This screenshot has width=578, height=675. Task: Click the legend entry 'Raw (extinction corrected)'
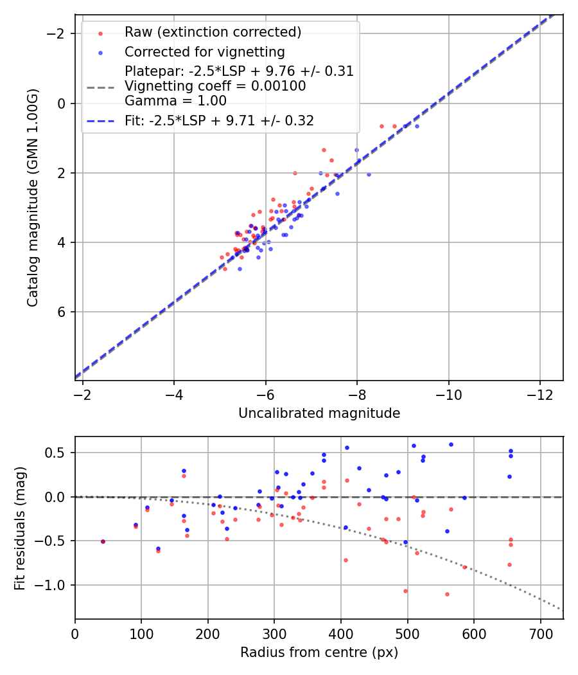[x=213, y=32]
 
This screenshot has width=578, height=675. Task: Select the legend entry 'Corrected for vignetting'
[x=204, y=51]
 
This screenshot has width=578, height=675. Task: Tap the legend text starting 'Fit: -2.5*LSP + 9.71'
[x=219, y=120]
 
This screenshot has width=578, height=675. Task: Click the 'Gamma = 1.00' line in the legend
[x=175, y=100]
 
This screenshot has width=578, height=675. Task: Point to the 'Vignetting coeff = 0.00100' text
[x=215, y=85]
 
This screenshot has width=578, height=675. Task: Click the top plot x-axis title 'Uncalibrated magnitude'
[x=319, y=413]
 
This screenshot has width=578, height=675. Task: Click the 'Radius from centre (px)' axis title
[x=319, y=652]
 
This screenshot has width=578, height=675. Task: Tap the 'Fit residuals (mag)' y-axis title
[x=20, y=528]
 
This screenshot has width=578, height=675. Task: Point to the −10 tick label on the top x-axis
[x=448, y=395]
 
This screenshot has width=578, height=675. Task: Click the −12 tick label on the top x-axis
[x=539, y=395]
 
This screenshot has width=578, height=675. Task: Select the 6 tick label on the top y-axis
[x=63, y=312]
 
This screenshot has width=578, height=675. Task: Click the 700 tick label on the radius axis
[x=540, y=633]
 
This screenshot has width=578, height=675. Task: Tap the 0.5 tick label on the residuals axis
[x=59, y=453]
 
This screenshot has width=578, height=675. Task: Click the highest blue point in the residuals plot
[x=451, y=444]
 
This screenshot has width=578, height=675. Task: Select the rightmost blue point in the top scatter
[x=417, y=126]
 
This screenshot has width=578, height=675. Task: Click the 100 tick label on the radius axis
[x=141, y=633]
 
